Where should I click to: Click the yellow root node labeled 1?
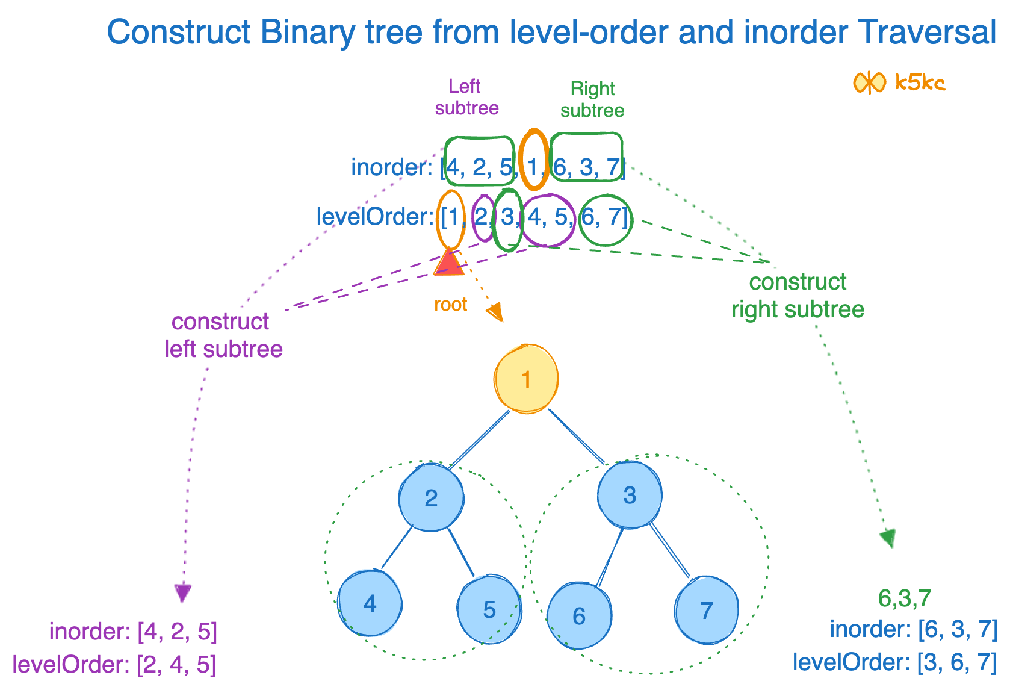click(x=526, y=379)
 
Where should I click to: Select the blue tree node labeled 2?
click(x=431, y=498)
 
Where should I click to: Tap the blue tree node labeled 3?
click(x=630, y=495)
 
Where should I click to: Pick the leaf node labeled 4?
click(x=370, y=603)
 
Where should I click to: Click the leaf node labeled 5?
click(x=489, y=609)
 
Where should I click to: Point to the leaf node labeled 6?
click(x=579, y=615)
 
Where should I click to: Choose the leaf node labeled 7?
click(x=707, y=610)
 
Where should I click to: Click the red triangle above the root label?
click(x=448, y=264)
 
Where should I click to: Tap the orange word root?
click(x=450, y=305)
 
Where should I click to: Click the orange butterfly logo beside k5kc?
click(x=869, y=82)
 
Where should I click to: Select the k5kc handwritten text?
click(x=920, y=82)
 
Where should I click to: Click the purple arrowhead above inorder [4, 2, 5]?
click(x=183, y=593)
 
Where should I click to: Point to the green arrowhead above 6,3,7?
click(x=888, y=538)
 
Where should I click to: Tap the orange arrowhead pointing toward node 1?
click(x=495, y=312)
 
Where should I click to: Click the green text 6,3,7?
click(x=904, y=598)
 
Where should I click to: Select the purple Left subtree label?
click(x=466, y=97)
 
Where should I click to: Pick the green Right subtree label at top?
click(x=592, y=99)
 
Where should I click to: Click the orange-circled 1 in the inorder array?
click(x=533, y=166)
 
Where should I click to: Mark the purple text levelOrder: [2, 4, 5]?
click(x=114, y=665)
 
